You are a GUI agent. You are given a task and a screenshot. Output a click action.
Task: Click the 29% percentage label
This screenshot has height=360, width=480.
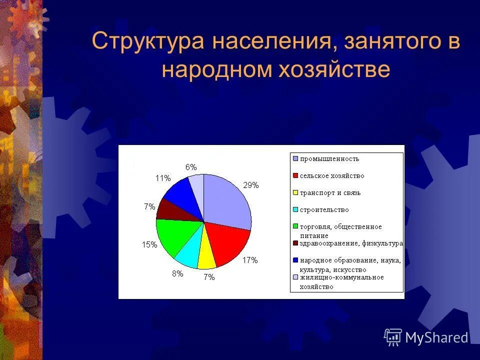250,185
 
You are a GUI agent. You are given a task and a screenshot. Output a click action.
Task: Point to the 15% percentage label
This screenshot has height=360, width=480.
149,244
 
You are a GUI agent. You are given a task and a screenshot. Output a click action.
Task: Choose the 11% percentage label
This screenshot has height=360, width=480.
163,177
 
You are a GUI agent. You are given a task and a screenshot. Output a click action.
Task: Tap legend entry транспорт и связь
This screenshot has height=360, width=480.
329,193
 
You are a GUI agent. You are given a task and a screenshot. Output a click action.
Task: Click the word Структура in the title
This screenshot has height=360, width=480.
147,41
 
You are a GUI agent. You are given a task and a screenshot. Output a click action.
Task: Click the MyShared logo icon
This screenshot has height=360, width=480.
393,337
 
